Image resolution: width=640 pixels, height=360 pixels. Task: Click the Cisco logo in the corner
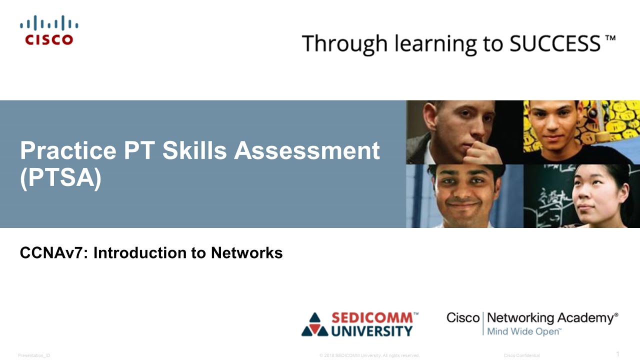[49, 30]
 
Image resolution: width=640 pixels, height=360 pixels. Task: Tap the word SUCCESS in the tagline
[554, 43]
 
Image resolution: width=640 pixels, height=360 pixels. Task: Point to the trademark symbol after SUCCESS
[610, 38]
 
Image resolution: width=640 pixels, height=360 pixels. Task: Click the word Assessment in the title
[306, 151]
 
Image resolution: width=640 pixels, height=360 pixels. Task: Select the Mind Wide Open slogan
[524, 331]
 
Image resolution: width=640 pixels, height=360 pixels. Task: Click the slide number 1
[617, 354]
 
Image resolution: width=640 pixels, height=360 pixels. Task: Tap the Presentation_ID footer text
[34, 355]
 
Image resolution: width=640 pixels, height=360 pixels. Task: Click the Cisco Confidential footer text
[521, 355]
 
